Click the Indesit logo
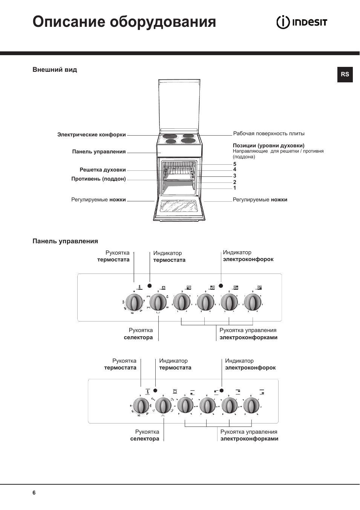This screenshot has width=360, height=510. pos(302,22)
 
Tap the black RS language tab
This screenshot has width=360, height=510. pos(345,74)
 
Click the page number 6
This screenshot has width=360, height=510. pos(34,493)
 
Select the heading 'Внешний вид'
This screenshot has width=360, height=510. pos(55,70)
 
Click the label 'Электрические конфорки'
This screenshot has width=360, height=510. pos(92,134)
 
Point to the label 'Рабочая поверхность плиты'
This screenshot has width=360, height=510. pos(269,133)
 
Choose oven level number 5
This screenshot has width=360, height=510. pos(234,164)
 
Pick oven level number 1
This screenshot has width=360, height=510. pos(234,188)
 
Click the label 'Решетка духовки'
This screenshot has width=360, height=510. pos(103,170)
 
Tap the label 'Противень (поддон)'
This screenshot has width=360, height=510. pos(98,179)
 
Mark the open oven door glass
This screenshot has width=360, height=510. pos(179,207)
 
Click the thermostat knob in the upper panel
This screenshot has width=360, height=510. pos(134,302)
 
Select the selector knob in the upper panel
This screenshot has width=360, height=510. pos(158,302)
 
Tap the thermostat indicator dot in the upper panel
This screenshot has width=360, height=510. pos(150,286)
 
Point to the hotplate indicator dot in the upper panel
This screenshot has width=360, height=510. pos(221,286)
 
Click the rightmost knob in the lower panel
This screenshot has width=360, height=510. pos(251,405)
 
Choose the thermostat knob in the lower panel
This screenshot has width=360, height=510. pos(141,406)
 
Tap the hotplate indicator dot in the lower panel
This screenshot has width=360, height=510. pos(222,391)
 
